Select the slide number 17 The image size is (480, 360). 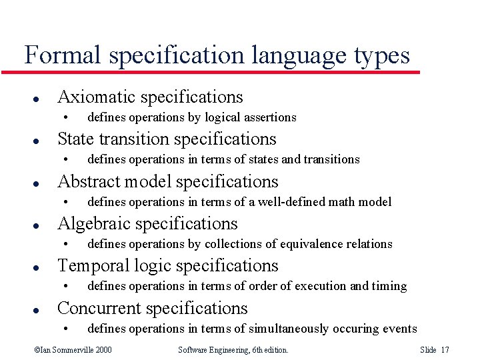[x=445, y=350]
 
